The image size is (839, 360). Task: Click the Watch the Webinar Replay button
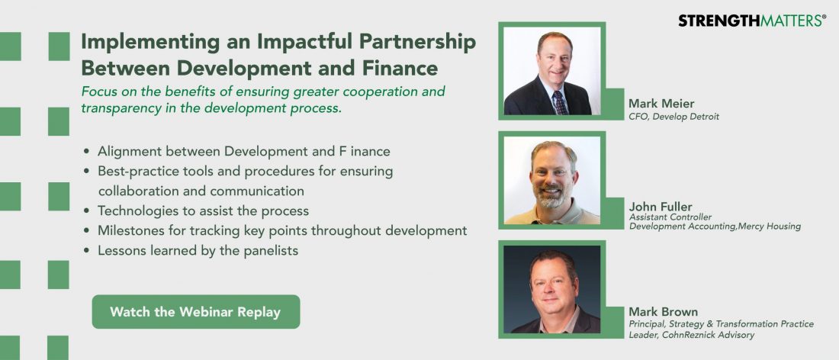tap(196, 311)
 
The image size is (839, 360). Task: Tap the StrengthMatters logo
tap(752, 21)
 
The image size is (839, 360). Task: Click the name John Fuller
tap(661, 207)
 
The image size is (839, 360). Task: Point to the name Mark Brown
tap(663, 311)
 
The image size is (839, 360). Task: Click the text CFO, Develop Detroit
tap(673, 117)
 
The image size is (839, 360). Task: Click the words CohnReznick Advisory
tap(712, 335)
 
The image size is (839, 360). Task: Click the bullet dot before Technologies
tap(87, 211)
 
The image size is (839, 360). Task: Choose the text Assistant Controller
tap(670, 217)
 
